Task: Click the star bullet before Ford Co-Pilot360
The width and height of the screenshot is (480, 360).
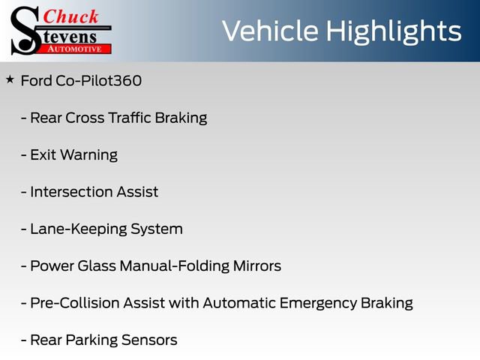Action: (x=10, y=79)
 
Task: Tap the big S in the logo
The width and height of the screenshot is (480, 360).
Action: (x=25, y=31)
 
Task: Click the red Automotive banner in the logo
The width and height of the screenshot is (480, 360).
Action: (x=74, y=48)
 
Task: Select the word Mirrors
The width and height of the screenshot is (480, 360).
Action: (x=257, y=265)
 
